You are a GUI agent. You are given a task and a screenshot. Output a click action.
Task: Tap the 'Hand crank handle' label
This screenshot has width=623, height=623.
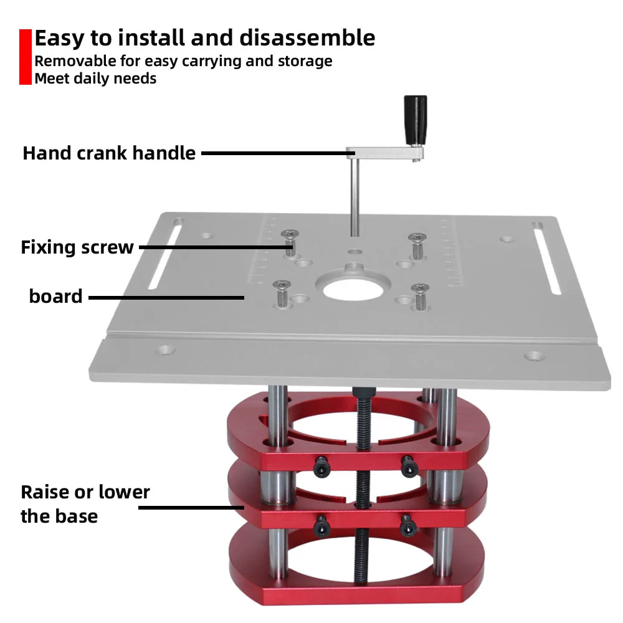109,153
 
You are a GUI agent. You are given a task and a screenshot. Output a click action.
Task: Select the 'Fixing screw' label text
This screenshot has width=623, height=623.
77,247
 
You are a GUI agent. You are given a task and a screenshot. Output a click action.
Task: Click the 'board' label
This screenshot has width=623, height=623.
55,296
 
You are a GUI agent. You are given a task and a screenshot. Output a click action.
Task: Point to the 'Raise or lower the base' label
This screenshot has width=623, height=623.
85,504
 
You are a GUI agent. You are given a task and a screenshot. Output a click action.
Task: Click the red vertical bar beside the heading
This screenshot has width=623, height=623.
25,57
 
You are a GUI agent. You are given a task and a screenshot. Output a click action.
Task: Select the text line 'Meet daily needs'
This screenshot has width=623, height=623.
95,78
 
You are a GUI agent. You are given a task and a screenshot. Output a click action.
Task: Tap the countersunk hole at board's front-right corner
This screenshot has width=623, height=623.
533,356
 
